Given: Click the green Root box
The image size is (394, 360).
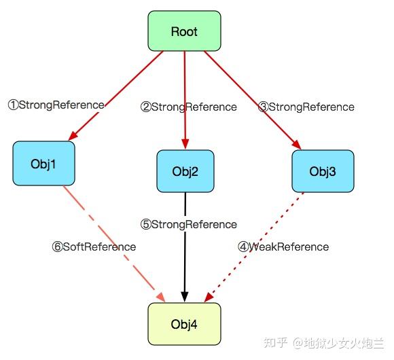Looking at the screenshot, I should (x=184, y=31).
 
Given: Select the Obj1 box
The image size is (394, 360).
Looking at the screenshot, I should (x=43, y=164).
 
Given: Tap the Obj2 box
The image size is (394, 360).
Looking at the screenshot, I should (x=185, y=170).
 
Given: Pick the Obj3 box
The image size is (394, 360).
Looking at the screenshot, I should (x=323, y=170).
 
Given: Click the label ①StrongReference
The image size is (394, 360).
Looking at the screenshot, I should (x=56, y=105).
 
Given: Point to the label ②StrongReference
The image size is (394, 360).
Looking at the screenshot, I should (x=189, y=107).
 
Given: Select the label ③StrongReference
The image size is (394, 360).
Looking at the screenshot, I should (x=306, y=107).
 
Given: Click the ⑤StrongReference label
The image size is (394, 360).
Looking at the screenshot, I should (x=189, y=224).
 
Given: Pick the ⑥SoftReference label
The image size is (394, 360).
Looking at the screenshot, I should (x=93, y=247).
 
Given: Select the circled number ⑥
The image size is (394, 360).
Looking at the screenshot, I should (x=57, y=247).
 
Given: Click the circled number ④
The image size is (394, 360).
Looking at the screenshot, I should (x=243, y=247).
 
